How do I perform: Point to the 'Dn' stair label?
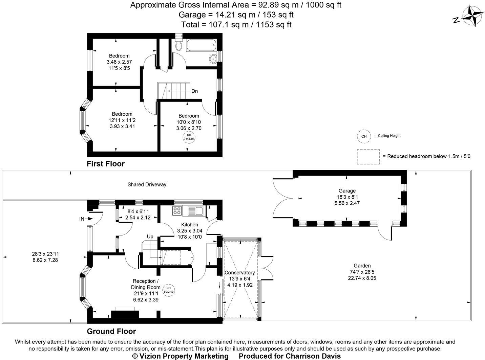[x=194, y=91]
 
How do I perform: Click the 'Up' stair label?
[x=150, y=236]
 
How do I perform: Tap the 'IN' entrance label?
[x=82, y=219]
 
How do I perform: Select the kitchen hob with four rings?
[x=177, y=211]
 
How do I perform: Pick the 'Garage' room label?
[x=347, y=191]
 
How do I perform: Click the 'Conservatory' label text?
[x=239, y=273]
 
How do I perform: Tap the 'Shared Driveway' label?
[x=147, y=184]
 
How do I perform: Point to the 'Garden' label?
[x=362, y=266]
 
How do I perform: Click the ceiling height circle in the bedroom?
[x=189, y=137]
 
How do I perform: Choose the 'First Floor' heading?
[x=106, y=164]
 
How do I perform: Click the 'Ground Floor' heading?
[x=111, y=331]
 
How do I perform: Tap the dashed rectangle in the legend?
[x=368, y=157]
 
